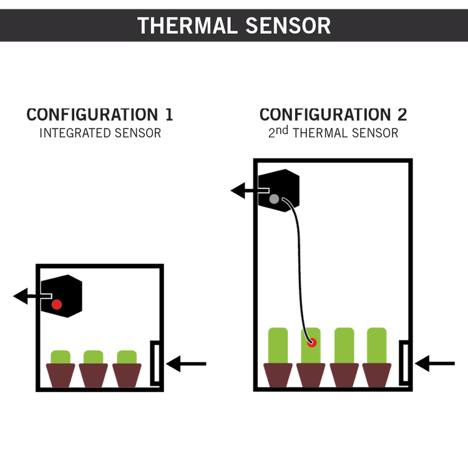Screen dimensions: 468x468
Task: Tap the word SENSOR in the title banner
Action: pyautogui.click(x=288, y=26)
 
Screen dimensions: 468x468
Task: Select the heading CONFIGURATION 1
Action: pyautogui.click(x=100, y=115)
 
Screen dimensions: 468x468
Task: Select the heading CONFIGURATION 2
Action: pyautogui.click(x=333, y=115)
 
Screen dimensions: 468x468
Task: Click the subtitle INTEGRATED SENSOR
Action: pyautogui.click(x=100, y=133)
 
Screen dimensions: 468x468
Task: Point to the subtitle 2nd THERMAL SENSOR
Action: pyautogui.click(x=333, y=132)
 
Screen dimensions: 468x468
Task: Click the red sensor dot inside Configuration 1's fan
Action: pyautogui.click(x=57, y=305)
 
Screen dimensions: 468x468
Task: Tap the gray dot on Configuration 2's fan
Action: pyautogui.click(x=274, y=199)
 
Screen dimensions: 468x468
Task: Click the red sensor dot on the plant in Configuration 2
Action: pyautogui.click(x=312, y=343)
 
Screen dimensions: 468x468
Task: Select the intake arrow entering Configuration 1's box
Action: pyautogui.click(x=186, y=364)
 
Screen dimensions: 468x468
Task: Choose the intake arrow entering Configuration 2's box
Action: pyautogui.click(x=435, y=363)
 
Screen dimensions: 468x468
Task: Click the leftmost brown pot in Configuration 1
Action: pyautogui.click(x=61, y=375)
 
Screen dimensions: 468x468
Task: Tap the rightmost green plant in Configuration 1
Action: pyautogui.click(x=127, y=357)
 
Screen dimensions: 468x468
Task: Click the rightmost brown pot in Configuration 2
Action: pyautogui.click(x=377, y=375)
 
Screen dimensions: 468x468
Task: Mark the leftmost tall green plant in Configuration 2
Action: pyautogui.click(x=278, y=345)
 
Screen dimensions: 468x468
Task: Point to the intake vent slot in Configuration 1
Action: pyautogui.click(x=156, y=363)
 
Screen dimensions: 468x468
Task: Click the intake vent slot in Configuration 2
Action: pyautogui.click(x=405, y=363)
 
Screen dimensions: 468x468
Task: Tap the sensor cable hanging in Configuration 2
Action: pyautogui.click(x=300, y=268)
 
